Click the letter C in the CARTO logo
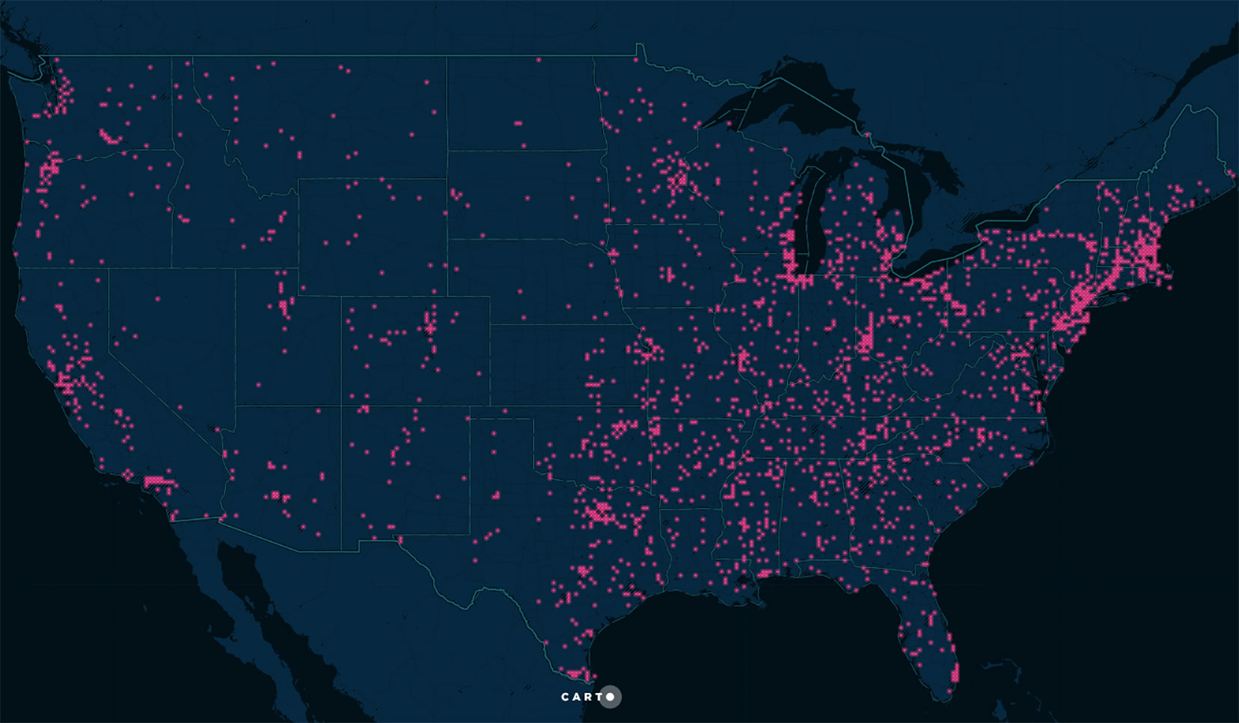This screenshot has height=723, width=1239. [566, 697]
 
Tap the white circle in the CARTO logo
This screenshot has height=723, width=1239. [611, 697]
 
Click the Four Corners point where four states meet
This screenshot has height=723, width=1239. [342, 405]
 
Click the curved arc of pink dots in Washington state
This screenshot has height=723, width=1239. [109, 137]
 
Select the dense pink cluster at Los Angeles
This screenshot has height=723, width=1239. [156, 481]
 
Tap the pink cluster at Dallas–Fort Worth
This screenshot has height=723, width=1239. [599, 513]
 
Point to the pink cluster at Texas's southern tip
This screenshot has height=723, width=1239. [575, 674]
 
